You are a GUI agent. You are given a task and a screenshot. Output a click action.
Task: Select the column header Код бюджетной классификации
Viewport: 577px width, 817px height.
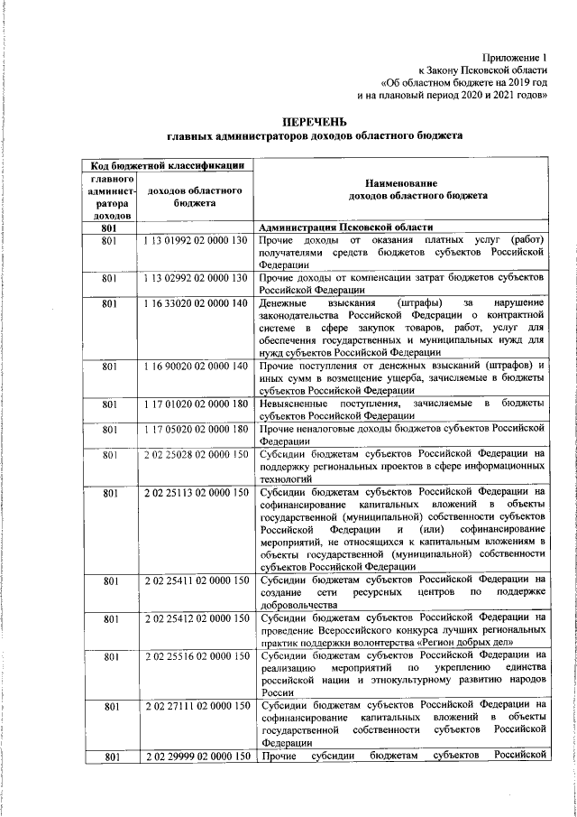165,165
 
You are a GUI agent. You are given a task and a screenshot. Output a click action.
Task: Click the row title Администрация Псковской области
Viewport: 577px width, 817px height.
346,227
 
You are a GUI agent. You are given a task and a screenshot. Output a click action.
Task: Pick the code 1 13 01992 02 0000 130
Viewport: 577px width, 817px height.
195,241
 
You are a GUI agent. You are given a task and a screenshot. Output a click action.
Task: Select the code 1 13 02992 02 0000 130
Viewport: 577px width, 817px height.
195,278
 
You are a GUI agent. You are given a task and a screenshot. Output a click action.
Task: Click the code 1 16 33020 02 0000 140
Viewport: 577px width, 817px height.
195,303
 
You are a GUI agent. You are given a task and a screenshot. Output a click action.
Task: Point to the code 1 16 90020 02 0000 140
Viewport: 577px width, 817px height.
195,366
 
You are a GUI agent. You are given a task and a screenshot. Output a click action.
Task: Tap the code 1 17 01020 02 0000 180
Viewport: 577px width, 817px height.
195,402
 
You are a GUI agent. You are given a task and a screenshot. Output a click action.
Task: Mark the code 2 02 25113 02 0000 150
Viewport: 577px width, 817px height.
195,492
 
